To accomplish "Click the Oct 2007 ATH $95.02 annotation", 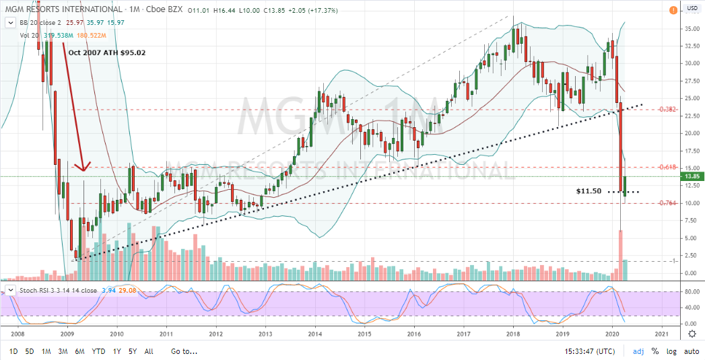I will pos(107,52).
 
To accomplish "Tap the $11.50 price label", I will pos(588,192).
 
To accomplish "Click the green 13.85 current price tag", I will pos(692,176).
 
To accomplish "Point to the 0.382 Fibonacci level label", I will pos(667,109).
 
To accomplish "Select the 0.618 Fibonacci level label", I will pos(667,167).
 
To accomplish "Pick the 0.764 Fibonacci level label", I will pos(667,203).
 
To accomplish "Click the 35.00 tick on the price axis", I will pos(692,28).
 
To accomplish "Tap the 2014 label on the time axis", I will pos(315,334).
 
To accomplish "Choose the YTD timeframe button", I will pos(98,351).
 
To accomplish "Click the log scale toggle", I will pos(671,351).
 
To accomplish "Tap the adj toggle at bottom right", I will pos(638,351).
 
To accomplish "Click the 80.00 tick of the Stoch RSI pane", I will pos(691,292).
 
